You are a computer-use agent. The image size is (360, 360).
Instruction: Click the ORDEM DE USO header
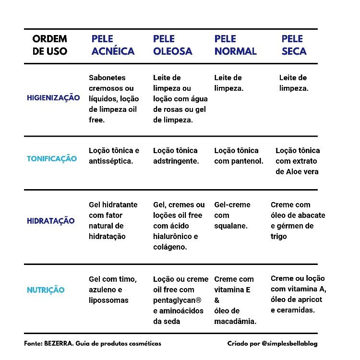click(x=50, y=45)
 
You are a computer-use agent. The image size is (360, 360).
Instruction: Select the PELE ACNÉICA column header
click(x=113, y=45)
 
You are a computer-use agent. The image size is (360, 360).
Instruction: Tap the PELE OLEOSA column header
click(x=172, y=45)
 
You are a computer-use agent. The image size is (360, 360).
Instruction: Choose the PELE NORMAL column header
click(x=235, y=45)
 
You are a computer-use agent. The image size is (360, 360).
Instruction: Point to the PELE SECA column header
click(x=293, y=45)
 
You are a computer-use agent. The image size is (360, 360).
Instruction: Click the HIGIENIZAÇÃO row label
click(x=53, y=98)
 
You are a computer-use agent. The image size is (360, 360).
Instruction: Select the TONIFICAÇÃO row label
click(x=51, y=159)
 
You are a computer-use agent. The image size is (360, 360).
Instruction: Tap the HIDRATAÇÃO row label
click(x=50, y=221)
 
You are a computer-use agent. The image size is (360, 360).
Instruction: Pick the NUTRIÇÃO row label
click(x=46, y=290)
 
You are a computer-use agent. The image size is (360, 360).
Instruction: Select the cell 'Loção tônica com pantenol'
click(x=239, y=156)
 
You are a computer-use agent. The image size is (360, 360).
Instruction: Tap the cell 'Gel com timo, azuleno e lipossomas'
click(x=113, y=289)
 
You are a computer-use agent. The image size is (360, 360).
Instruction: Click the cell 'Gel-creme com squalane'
click(x=232, y=215)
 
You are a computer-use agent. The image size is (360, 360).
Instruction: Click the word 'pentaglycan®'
click(x=177, y=300)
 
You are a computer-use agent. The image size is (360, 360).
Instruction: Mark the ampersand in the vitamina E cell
click(x=216, y=300)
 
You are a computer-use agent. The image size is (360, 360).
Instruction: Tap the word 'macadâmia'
click(x=235, y=321)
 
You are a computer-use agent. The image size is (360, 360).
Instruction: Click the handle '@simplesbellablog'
click(x=289, y=344)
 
